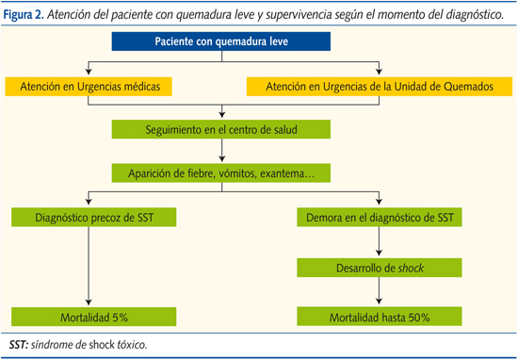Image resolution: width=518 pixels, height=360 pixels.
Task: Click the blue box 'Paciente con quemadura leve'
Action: tap(221, 43)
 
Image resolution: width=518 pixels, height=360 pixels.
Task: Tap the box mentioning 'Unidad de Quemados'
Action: tap(380, 87)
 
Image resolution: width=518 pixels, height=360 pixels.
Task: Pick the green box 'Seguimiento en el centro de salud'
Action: tap(221, 129)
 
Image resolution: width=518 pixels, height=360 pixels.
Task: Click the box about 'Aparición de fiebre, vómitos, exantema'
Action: tap(221, 173)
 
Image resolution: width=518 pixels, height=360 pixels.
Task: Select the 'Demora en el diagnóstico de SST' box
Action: tap(380, 218)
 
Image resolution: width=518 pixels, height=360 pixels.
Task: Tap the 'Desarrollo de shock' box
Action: tap(380, 268)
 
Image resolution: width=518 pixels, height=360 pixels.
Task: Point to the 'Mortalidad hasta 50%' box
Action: tap(380, 317)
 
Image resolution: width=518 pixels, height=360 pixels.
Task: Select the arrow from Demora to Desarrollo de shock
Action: tap(380, 242)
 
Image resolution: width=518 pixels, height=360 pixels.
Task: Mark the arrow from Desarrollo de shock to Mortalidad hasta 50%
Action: tap(380, 292)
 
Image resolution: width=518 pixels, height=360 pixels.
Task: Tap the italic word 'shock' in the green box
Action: tap(412, 268)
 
